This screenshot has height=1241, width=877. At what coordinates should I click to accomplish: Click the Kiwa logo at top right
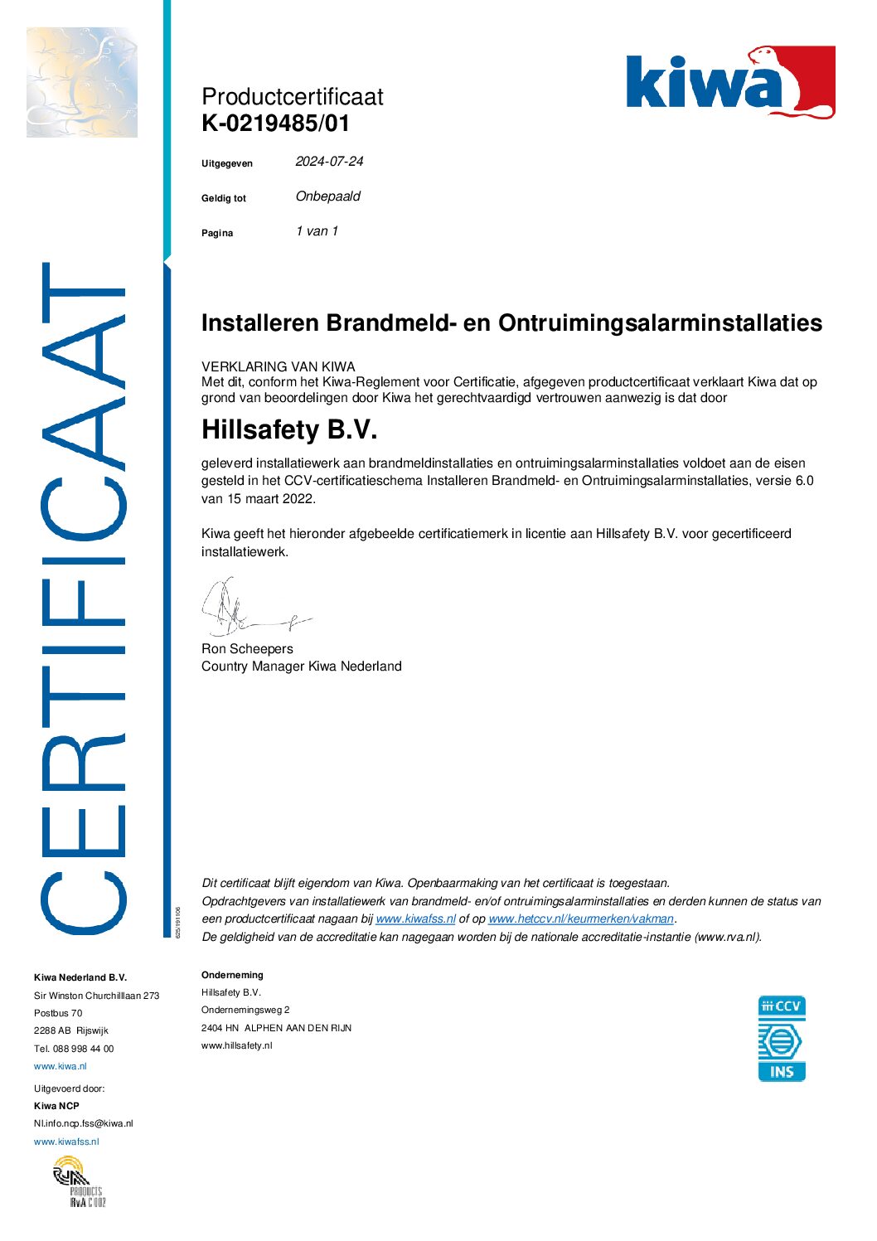coord(729,82)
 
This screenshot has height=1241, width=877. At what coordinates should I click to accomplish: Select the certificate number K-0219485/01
coord(275,124)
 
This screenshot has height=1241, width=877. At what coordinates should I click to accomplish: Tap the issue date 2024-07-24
coord(329,162)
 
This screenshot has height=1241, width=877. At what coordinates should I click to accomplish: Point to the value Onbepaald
coord(328,196)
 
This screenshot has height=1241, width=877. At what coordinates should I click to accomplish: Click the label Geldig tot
coord(224,199)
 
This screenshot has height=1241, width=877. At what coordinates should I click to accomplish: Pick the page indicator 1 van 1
coord(317,231)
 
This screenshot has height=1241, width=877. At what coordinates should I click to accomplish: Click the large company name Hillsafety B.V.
coord(289,429)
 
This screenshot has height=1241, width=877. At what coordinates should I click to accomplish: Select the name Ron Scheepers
coord(247,649)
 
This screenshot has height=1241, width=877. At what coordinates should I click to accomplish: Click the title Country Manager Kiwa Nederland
coord(301,667)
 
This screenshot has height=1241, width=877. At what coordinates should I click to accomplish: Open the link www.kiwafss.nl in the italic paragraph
coord(415,919)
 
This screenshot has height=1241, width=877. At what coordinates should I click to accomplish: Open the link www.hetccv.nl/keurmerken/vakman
coord(580,919)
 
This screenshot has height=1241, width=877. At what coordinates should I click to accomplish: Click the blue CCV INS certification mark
coord(781,1039)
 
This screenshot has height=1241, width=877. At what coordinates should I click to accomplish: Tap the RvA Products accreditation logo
coord(80,1181)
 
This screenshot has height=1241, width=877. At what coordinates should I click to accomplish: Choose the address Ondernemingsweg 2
coord(245,1010)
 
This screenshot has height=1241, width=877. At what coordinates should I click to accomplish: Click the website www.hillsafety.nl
coord(236,1045)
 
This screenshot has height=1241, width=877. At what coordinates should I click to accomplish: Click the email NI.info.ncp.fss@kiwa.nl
coord(83,1123)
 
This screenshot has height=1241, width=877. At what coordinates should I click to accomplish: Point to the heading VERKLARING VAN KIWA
coord(278,366)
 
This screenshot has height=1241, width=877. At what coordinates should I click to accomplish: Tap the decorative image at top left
coord(82,82)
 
